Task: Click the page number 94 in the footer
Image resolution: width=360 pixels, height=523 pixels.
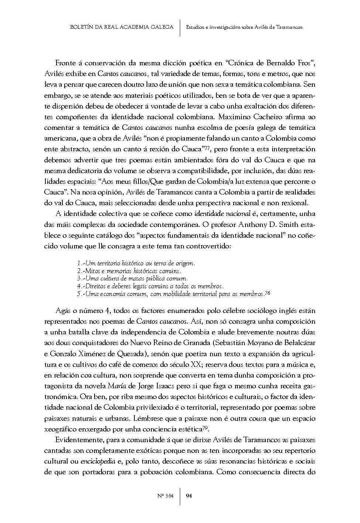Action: coord(188,496)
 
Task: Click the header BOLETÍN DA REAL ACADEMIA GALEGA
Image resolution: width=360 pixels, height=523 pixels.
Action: coord(121,27)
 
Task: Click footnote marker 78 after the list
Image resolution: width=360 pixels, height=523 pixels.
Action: coord(268,293)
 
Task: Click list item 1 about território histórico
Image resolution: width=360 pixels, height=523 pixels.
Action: coord(136,264)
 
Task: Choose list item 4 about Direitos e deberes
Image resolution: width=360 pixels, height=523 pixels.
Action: coord(150,286)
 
